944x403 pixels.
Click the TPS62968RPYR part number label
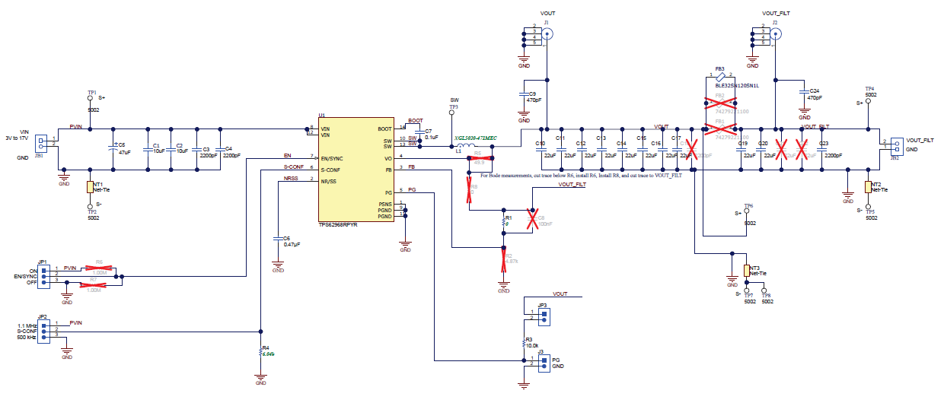pos(338,225)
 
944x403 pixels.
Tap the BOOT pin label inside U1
pos(384,129)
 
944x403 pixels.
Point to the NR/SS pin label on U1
pos(330,181)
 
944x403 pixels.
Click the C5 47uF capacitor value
pos(124,152)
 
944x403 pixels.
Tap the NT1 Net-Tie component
pos(90,186)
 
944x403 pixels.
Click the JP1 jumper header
pos(43,274)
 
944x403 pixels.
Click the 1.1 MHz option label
pos(27,325)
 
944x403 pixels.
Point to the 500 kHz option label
pos(27,337)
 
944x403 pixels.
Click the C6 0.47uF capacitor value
pos(292,244)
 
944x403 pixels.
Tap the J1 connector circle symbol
pos(547,32)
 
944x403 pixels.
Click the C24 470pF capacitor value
pos(815,98)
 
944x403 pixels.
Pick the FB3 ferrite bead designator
pos(719,68)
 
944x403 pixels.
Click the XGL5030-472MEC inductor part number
pos(476,138)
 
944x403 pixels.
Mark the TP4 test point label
pos(869,88)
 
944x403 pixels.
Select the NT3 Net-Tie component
pos(746,271)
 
